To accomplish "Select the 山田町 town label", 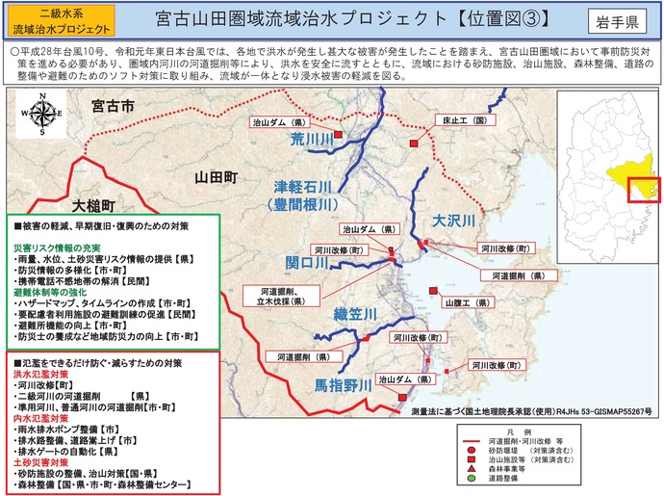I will [x=216, y=178].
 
